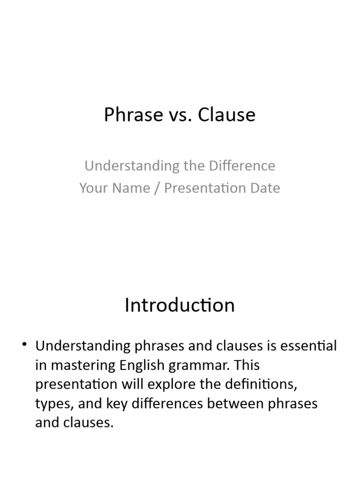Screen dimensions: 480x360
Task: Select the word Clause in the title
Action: (226, 115)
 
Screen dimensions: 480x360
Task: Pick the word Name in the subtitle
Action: (126, 188)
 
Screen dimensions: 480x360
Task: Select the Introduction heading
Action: (180, 305)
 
